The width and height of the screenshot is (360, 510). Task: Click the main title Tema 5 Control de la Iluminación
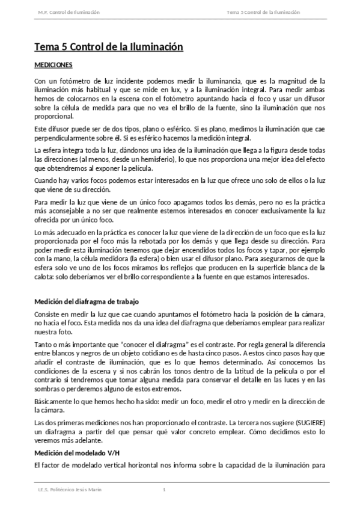tap(108, 46)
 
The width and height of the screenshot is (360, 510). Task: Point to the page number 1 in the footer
tap(164, 490)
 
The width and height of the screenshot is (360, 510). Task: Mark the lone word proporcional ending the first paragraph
tap(53, 116)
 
